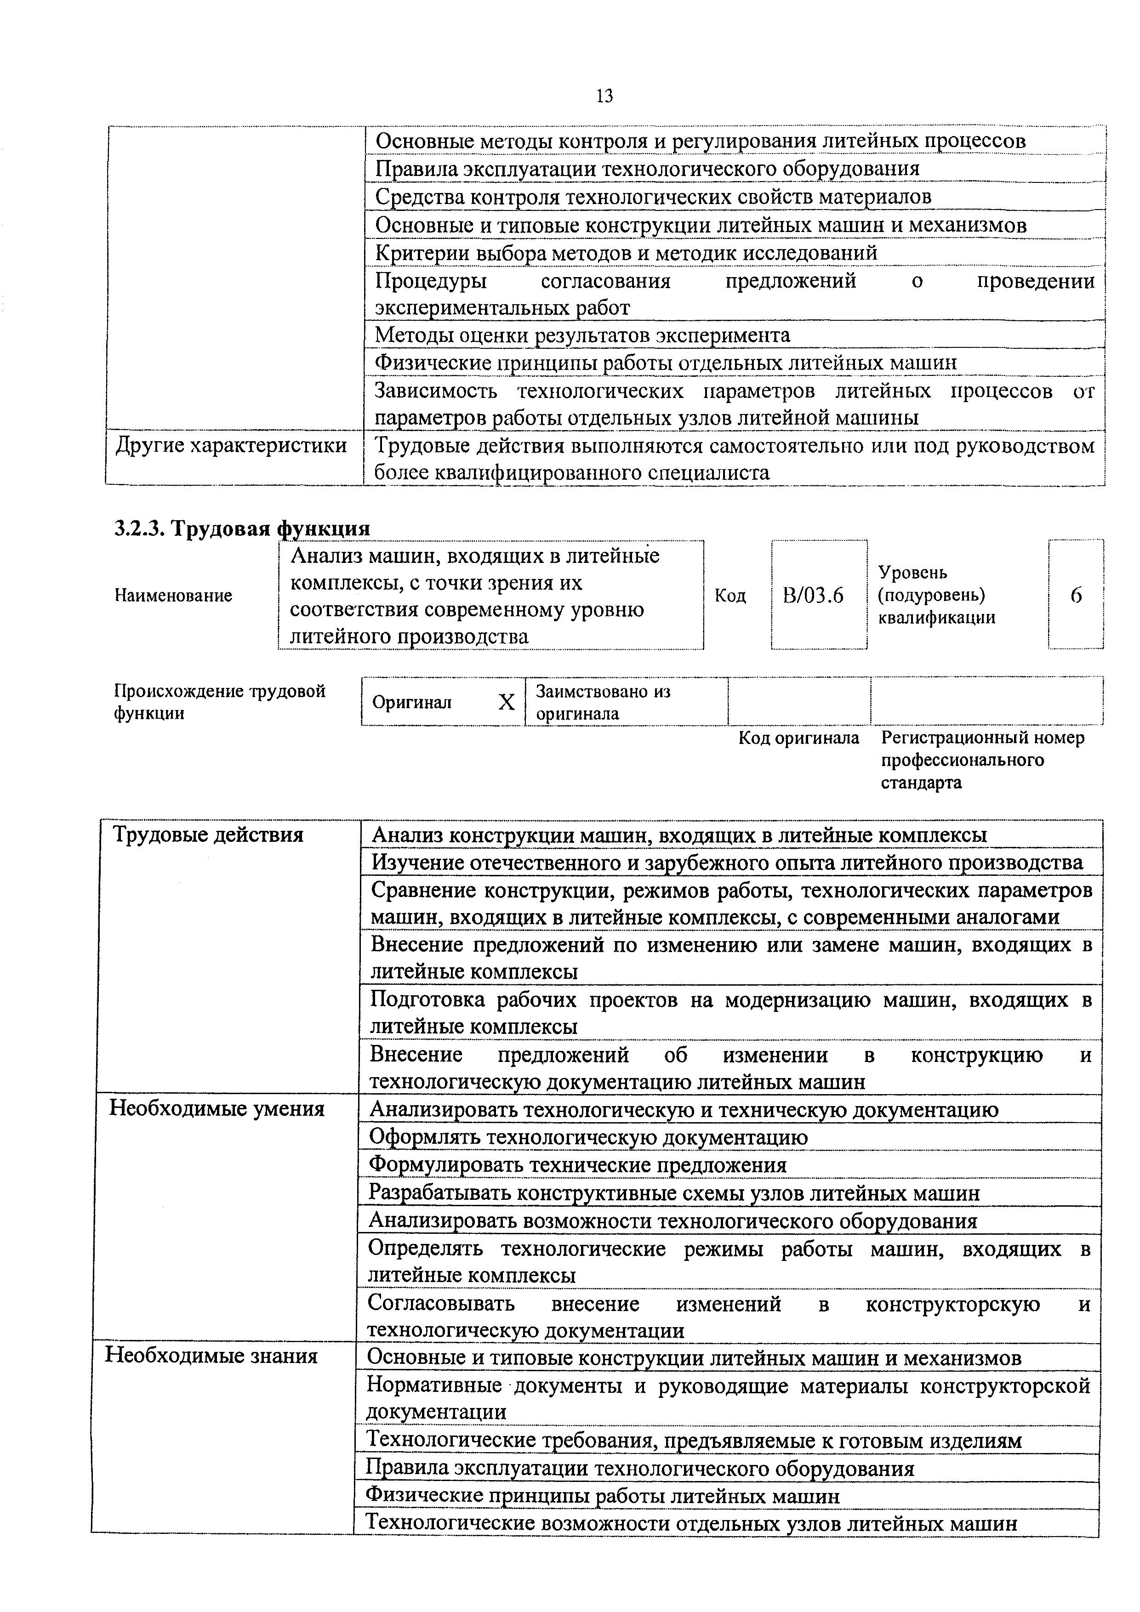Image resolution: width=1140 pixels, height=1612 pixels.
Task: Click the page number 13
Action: [604, 96]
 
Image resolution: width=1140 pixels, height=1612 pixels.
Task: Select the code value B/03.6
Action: [813, 596]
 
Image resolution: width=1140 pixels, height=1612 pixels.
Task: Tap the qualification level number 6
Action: [1075, 596]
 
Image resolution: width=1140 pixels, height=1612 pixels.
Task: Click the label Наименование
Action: [173, 596]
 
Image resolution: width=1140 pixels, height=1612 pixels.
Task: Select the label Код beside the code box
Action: [730, 596]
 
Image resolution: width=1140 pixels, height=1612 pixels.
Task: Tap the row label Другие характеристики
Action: [231, 446]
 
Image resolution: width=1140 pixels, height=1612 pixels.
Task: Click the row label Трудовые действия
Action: [209, 835]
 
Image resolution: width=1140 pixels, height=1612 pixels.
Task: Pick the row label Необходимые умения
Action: [217, 1109]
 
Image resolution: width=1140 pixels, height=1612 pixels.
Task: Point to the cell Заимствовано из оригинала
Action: [603, 702]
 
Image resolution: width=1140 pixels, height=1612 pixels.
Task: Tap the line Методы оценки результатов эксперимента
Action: [582, 335]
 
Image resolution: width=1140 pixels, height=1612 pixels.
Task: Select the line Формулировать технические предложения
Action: [577, 1165]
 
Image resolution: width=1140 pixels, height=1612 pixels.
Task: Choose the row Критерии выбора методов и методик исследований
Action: [626, 253]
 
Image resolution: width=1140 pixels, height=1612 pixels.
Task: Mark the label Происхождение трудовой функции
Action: [219, 702]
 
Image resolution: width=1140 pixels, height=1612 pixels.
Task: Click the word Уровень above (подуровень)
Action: [912, 573]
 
